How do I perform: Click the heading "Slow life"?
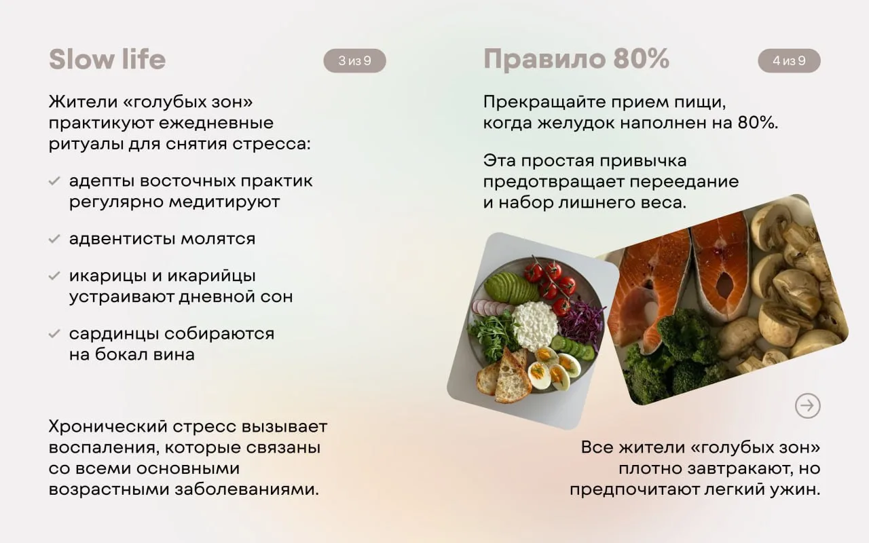click(x=107, y=59)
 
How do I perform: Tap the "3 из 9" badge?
click(x=354, y=60)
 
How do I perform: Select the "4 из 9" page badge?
click(x=789, y=60)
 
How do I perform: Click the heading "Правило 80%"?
click(x=576, y=59)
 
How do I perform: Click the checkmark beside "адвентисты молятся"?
click(x=54, y=239)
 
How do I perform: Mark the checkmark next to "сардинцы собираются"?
click(x=54, y=333)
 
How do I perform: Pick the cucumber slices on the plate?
click(x=572, y=346)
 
